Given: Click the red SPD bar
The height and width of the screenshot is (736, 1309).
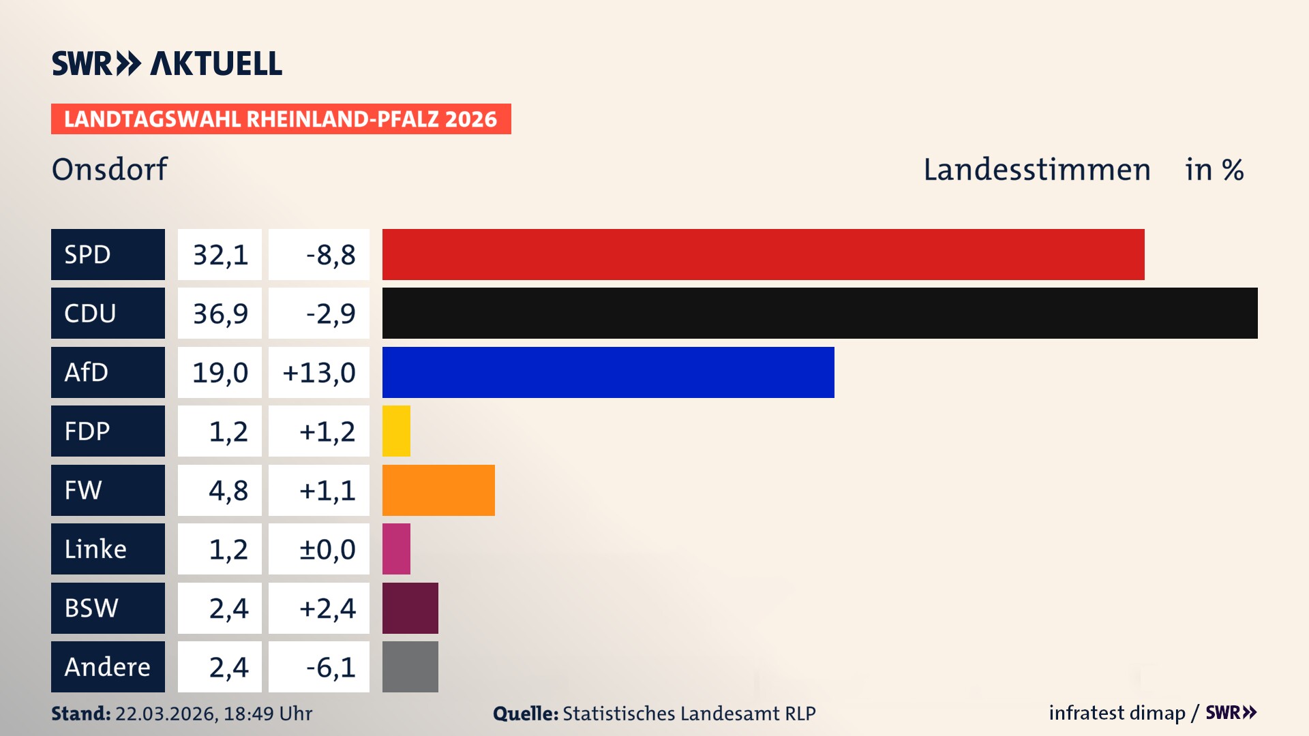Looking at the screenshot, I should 763,254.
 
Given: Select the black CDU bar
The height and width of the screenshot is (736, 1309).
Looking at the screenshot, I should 819,313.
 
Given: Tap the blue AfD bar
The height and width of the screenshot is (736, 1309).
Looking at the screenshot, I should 608,372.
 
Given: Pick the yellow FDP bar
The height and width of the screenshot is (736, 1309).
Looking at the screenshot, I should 396,431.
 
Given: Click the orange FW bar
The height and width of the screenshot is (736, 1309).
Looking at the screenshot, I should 438,490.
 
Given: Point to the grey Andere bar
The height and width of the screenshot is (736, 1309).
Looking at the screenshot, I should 410,666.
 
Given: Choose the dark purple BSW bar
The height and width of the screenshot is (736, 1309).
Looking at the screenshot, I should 410,608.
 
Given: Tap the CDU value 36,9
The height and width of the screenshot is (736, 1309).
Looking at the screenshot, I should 220,313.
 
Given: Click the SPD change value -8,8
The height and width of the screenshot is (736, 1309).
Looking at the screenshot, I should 331,255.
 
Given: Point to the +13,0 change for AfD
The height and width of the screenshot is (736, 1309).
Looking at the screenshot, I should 319,373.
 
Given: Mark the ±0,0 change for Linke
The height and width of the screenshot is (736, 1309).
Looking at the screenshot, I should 327,549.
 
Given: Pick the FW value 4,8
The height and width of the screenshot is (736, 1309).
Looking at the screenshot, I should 228,491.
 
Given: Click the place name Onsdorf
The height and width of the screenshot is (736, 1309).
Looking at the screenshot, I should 109,169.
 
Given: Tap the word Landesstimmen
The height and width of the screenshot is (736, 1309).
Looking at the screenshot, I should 1036,170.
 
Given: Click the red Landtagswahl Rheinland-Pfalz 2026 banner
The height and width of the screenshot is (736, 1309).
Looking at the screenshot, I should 280,119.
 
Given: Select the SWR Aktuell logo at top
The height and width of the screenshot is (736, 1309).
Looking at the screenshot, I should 166,63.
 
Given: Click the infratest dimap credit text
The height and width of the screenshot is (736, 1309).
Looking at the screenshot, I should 1116,713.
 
